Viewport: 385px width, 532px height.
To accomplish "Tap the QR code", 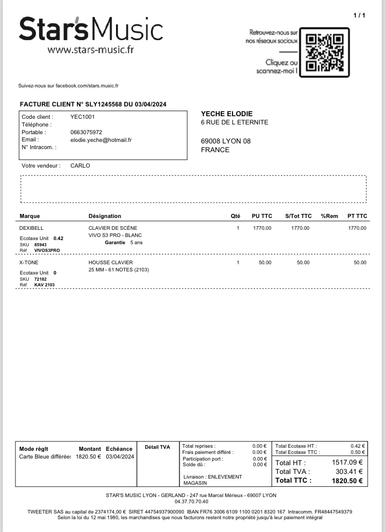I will (324, 52).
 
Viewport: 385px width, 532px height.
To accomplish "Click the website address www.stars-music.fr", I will (90, 50).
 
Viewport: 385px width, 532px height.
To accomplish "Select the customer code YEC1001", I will (83, 117).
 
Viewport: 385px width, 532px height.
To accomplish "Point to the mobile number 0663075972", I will (86, 132).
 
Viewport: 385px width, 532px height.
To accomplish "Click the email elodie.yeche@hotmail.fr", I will (101, 139).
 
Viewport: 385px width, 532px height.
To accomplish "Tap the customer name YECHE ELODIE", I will (227, 114).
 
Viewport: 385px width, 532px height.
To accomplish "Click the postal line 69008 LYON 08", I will (226, 141).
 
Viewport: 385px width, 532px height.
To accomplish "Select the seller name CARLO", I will (80, 166).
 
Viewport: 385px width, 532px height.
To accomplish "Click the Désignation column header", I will (105, 216).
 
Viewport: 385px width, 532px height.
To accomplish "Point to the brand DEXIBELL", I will (31, 228).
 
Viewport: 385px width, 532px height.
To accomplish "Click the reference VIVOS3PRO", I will (47, 250).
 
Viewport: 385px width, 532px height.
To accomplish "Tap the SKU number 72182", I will (41, 279).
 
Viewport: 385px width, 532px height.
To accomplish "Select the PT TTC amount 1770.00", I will (357, 228).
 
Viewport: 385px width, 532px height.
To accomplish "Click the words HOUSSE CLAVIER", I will (111, 263).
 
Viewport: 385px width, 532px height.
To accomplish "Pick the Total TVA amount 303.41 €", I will (349, 471).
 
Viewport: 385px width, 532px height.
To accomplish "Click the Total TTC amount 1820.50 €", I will (347, 481).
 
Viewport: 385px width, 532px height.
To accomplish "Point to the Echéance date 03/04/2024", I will (120, 456).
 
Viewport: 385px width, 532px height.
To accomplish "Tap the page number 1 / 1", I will (359, 15).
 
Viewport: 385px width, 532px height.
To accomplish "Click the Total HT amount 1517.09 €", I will (347, 462).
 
